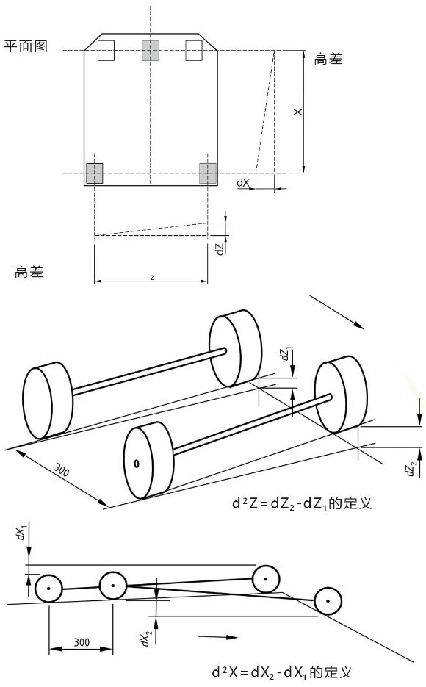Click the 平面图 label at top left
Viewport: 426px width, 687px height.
(26, 46)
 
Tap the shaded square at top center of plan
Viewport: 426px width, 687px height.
(150, 51)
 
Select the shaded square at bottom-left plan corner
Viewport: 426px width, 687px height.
(94, 173)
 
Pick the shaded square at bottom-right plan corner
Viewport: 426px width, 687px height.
(208, 173)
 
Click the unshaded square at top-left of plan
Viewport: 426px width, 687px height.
(106, 51)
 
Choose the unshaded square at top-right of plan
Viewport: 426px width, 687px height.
(194, 51)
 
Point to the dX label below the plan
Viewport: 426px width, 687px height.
(243, 183)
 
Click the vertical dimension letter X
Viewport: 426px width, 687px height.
(297, 112)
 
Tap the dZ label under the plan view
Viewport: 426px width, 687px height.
(220, 249)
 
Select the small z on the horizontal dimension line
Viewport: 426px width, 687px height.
(152, 277)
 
